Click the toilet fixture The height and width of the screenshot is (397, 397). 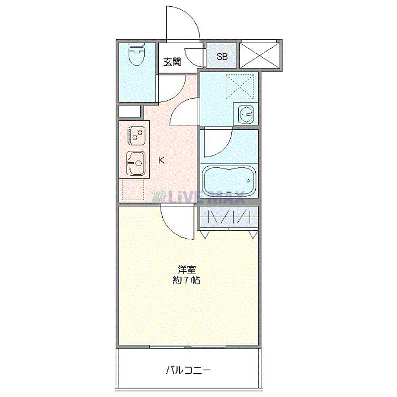coord(137,56)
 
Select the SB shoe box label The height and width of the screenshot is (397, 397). coord(222,57)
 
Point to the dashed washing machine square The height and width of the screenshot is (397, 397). coord(238,86)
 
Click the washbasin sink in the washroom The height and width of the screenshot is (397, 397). coord(246,114)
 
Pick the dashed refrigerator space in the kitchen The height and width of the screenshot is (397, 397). coord(133,191)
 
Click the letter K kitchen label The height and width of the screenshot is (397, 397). coord(162,161)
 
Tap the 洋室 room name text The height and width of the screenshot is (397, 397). coord(187,269)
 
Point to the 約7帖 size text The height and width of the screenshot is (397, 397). coord(187,280)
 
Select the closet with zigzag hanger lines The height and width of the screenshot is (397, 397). coord(228,217)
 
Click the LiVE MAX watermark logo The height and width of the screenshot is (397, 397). coord(198,197)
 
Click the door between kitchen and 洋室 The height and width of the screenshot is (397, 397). coord(176,221)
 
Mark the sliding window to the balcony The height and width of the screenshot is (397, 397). coord(188,346)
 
